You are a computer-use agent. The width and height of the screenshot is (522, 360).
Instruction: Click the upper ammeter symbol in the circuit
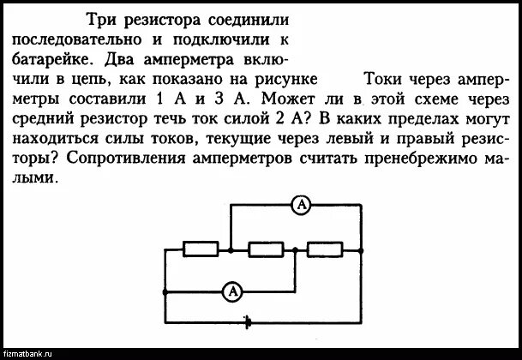pos(300,204)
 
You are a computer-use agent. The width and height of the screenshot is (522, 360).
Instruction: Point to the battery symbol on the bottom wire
pos(248,322)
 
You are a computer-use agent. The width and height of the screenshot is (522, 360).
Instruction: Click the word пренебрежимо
pos(412,159)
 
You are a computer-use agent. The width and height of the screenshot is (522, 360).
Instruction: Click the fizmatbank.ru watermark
pos(29,353)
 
